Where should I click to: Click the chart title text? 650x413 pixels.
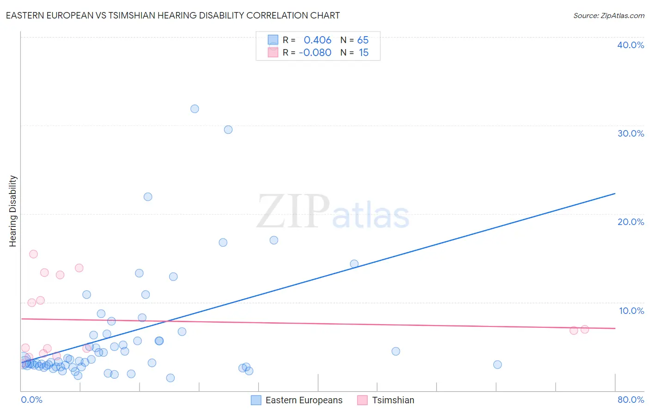coord(172,16)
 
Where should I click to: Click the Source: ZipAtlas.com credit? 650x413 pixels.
coord(608,16)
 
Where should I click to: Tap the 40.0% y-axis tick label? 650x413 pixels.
coord(631,45)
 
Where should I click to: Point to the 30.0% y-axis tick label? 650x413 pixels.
coord(631,133)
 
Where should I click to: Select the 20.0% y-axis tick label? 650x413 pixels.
coord(631,222)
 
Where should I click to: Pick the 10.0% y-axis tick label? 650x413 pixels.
coord(632,311)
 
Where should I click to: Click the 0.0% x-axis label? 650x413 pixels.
coord(31,400)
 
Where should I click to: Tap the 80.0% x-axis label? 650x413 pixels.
coord(631,400)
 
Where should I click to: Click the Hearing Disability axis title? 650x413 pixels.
coord(13,211)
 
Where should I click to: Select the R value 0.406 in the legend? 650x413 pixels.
coord(317,40)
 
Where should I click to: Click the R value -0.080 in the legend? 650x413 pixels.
coord(315,53)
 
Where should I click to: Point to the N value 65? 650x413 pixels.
coord(363,40)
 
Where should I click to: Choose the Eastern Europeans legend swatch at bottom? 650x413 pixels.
coord(256,400)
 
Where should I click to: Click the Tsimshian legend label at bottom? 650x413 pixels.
coord(393,400)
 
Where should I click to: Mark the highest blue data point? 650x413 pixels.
coord(195,109)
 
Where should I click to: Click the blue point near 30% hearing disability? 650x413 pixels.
coord(228,130)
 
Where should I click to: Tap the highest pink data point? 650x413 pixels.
coord(33,254)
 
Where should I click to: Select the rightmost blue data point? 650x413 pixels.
coord(497,364)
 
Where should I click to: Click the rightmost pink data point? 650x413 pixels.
coord(584,329)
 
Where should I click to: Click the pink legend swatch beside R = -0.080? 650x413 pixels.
coord(273,53)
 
